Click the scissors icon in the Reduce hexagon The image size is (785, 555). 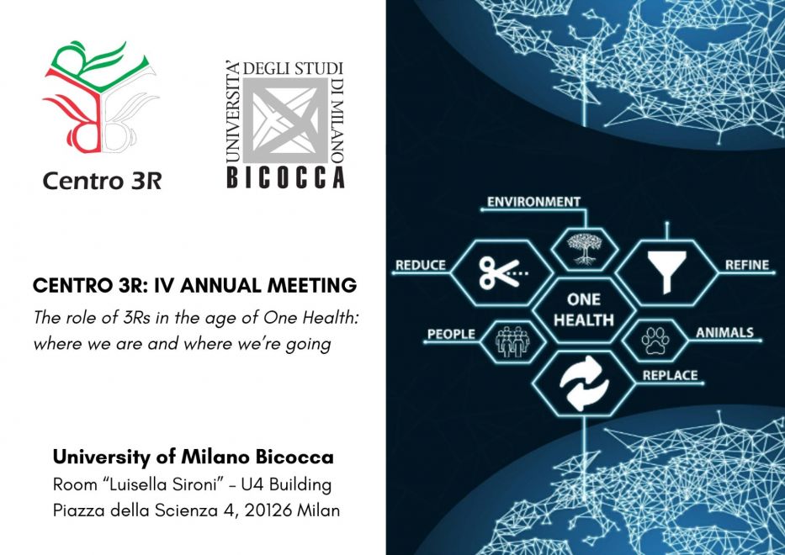click(502, 272)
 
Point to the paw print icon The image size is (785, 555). click(655, 341)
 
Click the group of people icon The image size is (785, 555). click(512, 341)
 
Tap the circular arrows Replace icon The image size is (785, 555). click(584, 383)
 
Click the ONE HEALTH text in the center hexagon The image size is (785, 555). click(584, 309)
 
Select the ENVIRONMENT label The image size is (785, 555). click(533, 202)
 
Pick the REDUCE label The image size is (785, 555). click(421, 265)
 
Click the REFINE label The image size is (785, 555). click(747, 265)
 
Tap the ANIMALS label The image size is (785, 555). click(724, 332)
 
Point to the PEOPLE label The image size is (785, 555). click(451, 335)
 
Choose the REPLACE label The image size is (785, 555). click(670, 375)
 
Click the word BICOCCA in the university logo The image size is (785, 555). click(286, 177)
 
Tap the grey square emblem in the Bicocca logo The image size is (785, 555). click(286, 120)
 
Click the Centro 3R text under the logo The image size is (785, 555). click(102, 181)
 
